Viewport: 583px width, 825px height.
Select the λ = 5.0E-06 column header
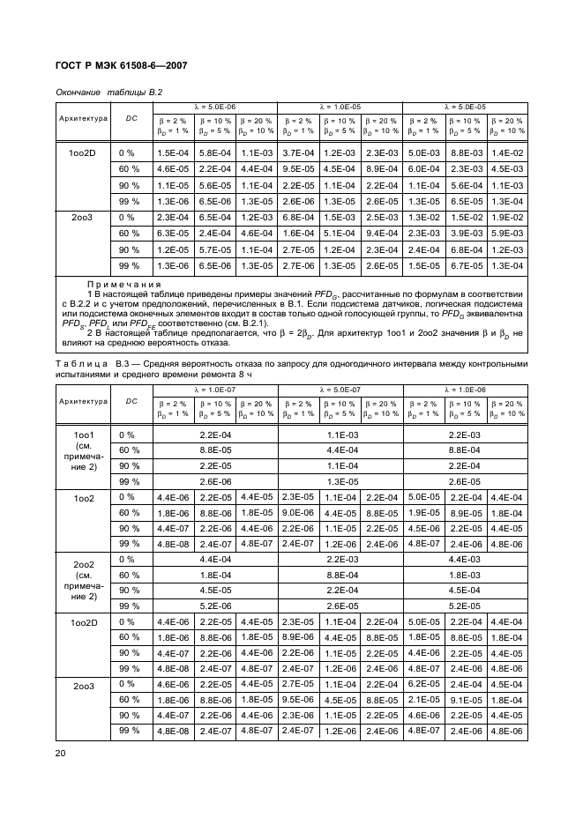coord(213,106)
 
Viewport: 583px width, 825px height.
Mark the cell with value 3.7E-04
coord(298,152)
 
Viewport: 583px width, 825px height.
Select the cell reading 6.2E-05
coord(423,683)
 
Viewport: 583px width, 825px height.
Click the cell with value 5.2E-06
coord(213,606)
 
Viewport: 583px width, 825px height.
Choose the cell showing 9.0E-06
coord(298,512)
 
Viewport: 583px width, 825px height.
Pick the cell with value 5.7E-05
coord(213,249)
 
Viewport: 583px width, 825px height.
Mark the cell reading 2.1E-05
coord(423,699)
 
